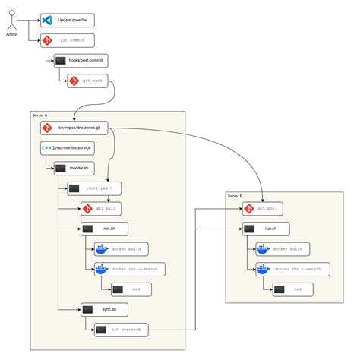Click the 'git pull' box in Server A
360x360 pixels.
pyautogui.click(x=105, y=207)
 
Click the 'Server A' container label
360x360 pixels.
pyautogui.click(x=40, y=115)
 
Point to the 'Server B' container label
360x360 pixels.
pyautogui.click(x=235, y=195)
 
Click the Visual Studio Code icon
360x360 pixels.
pyautogui.click(x=47, y=19)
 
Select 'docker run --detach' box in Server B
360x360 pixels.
pyautogui.click(x=292, y=269)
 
